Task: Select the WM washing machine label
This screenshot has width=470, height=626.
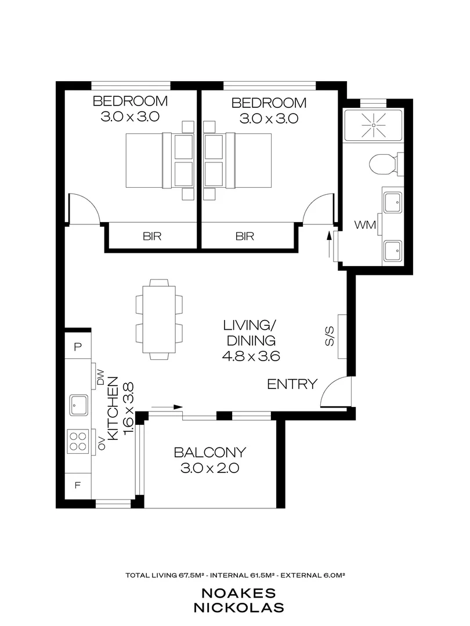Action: click(366, 224)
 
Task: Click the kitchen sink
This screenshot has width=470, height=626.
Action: click(78, 404)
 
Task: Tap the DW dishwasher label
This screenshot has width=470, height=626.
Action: click(99, 379)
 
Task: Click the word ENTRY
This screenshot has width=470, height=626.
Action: click(292, 384)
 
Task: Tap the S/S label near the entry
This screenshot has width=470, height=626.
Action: click(330, 337)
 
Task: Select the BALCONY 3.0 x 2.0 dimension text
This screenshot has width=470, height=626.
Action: click(210, 468)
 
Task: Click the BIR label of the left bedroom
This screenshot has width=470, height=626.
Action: click(152, 236)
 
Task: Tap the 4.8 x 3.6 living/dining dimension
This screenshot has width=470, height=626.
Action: click(251, 356)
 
